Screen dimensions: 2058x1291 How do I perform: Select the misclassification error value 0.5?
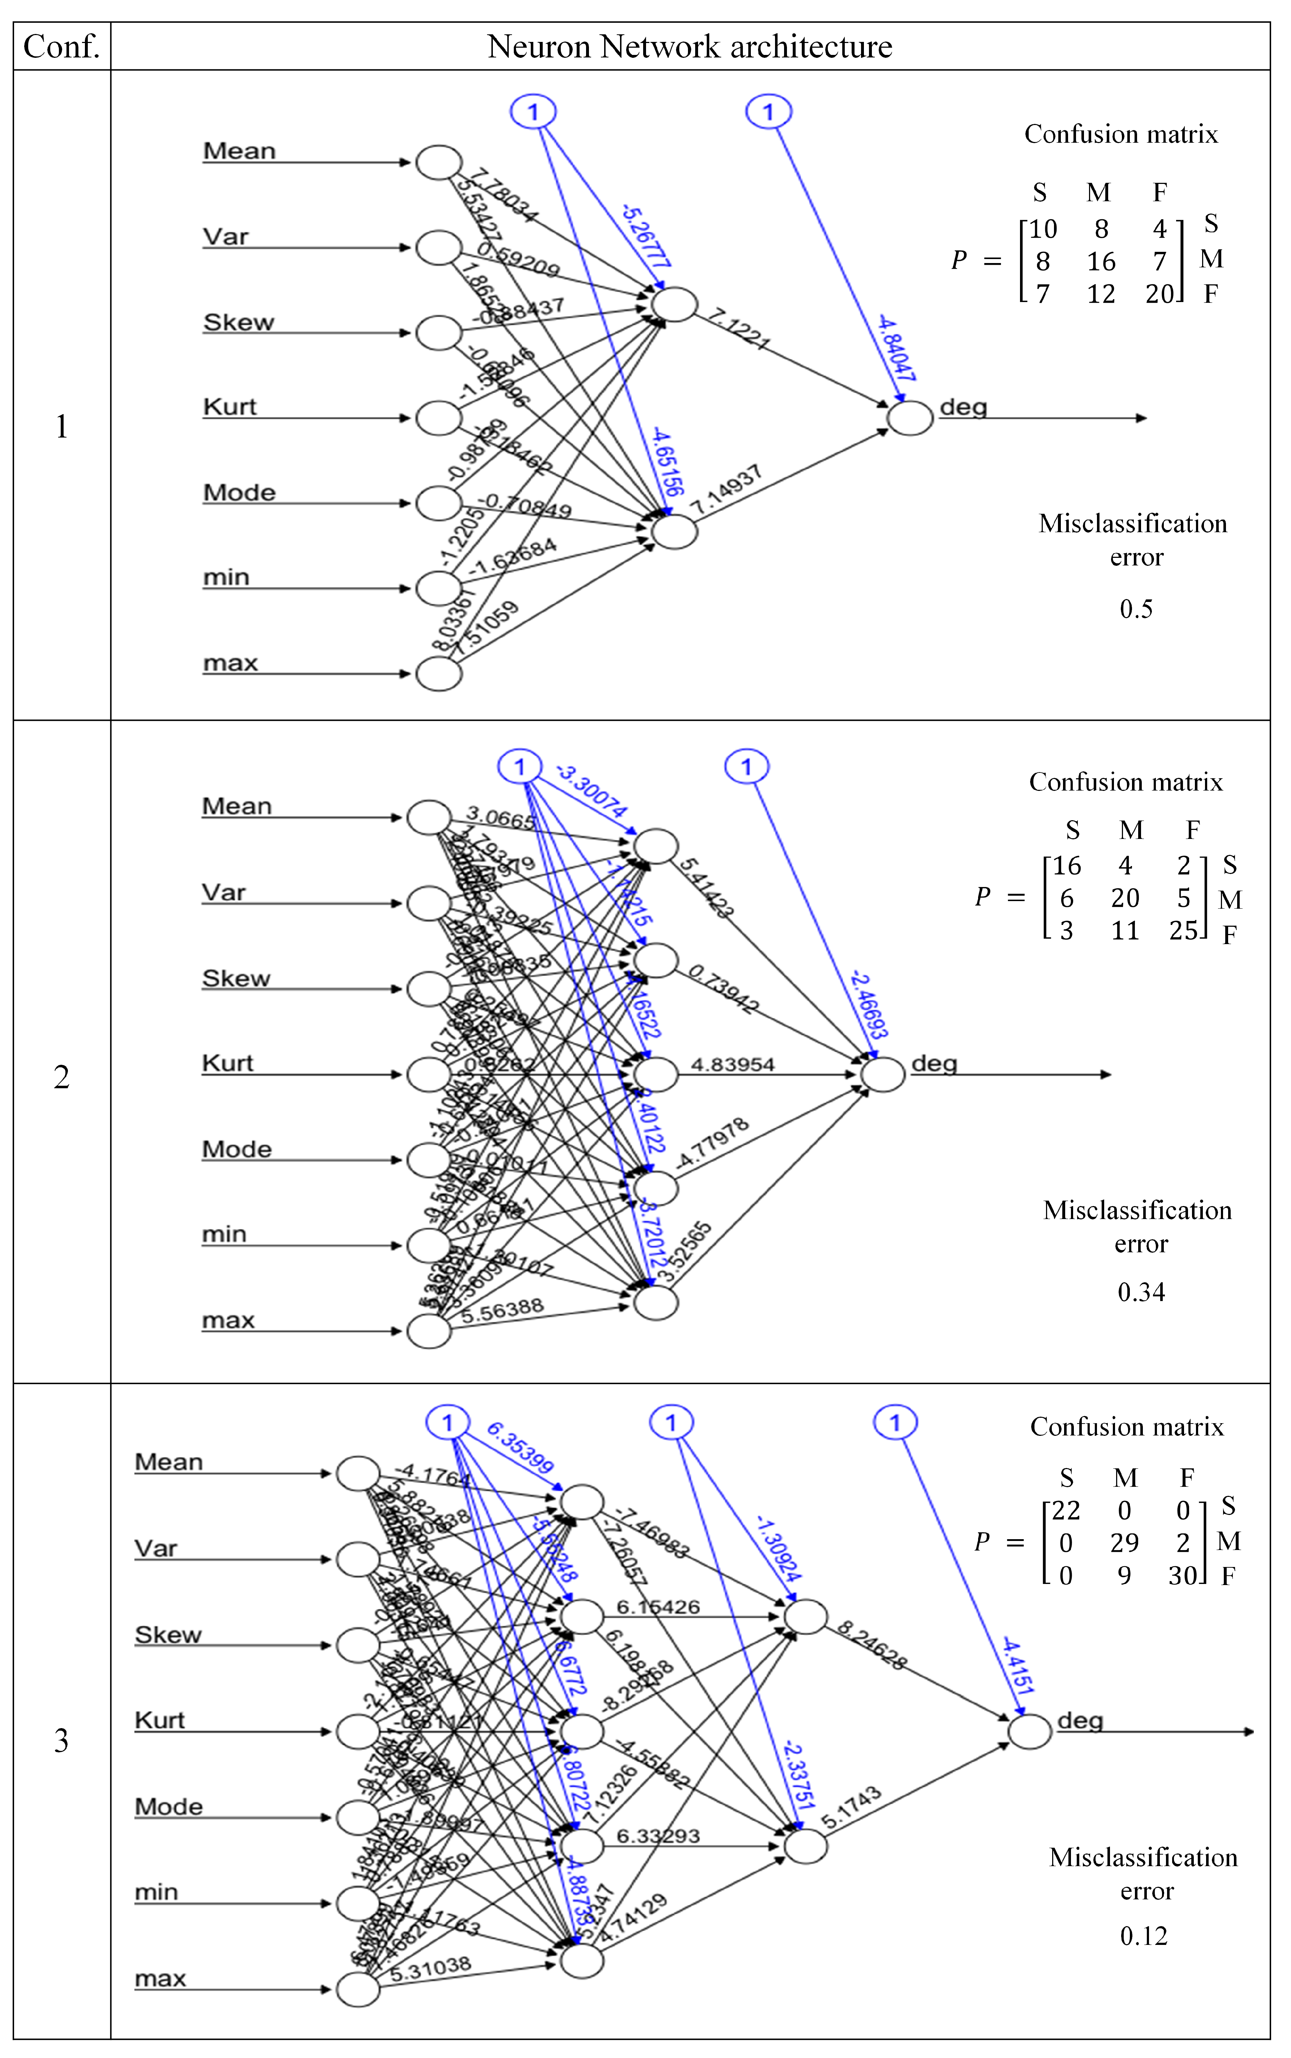1136,608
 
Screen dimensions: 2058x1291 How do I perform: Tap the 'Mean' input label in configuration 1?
239,151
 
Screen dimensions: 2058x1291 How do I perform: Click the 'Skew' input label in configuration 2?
236,978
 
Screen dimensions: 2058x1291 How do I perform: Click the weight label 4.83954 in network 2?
733,1064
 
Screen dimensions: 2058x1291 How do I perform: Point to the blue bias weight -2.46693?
868,1005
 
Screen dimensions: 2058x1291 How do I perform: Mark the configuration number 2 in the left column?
61,1077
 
